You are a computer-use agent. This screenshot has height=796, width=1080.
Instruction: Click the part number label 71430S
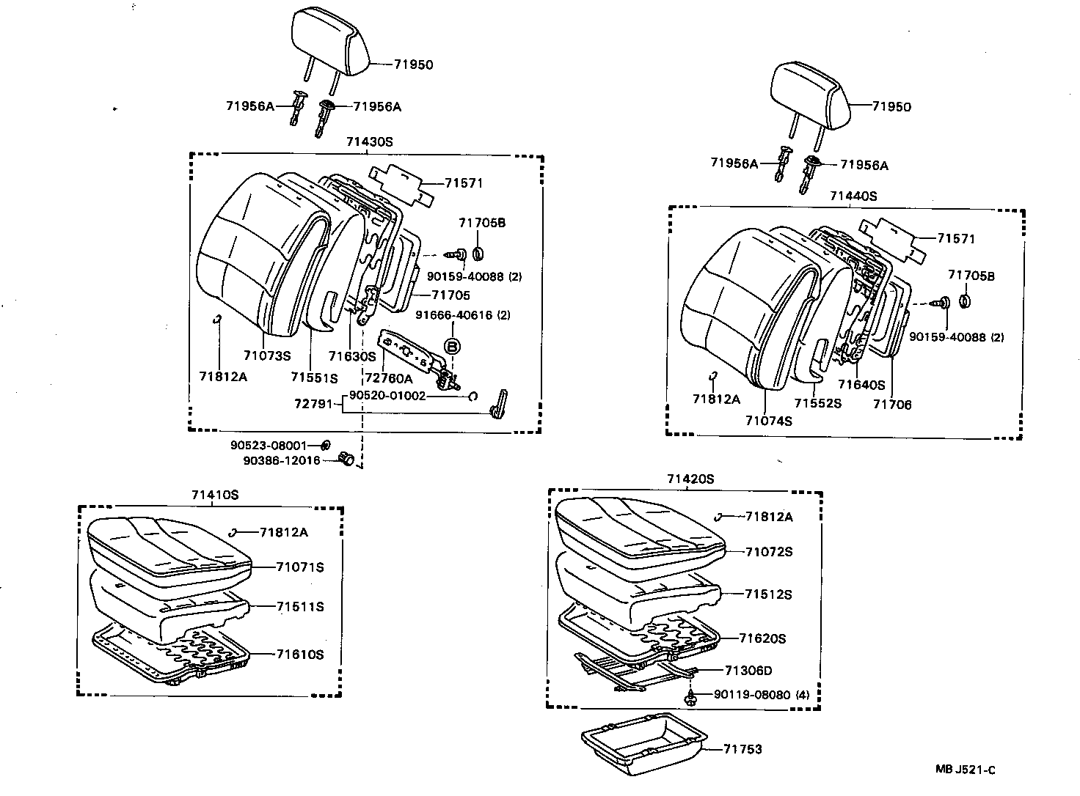pyautogui.click(x=370, y=142)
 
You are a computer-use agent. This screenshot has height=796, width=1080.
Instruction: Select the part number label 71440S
pyautogui.click(x=853, y=196)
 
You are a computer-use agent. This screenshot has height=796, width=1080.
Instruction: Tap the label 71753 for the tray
pyautogui.click(x=742, y=748)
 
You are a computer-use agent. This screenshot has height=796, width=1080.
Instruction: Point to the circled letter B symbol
pyautogui.click(x=453, y=346)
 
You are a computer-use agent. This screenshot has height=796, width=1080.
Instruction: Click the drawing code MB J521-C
pyautogui.click(x=966, y=769)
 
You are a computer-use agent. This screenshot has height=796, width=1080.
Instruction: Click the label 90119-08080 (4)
pyautogui.click(x=761, y=694)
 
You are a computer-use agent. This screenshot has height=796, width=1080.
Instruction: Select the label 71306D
pyautogui.click(x=748, y=670)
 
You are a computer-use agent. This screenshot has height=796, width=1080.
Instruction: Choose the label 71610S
pyautogui.click(x=299, y=654)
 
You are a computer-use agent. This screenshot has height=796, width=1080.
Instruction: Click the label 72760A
pyautogui.click(x=388, y=378)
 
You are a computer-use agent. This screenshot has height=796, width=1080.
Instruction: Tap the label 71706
pyautogui.click(x=891, y=404)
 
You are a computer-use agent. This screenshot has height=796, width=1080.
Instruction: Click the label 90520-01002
pyautogui.click(x=387, y=396)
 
